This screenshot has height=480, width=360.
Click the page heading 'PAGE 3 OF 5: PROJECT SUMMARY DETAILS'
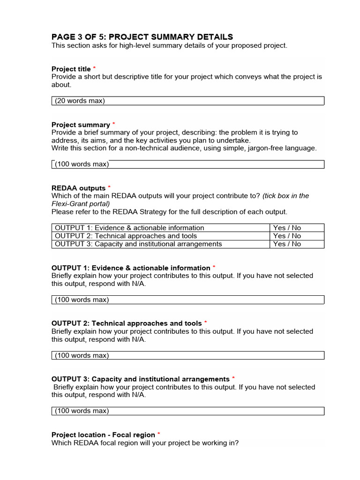(142, 37)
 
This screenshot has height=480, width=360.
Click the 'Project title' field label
(71, 69)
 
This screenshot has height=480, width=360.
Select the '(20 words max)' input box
(187, 101)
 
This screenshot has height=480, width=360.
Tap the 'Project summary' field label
(81, 125)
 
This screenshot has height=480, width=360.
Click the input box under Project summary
(187, 164)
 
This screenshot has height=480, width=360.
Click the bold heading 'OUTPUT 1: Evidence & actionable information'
(131, 268)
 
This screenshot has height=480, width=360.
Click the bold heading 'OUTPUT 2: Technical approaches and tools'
(127, 323)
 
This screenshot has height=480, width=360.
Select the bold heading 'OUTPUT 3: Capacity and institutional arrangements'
(140, 379)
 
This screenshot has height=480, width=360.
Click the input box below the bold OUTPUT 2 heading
(187, 355)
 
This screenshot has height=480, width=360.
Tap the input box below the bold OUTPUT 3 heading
(187, 411)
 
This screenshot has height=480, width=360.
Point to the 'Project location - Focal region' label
(103, 435)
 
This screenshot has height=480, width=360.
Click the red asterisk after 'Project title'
(94, 68)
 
